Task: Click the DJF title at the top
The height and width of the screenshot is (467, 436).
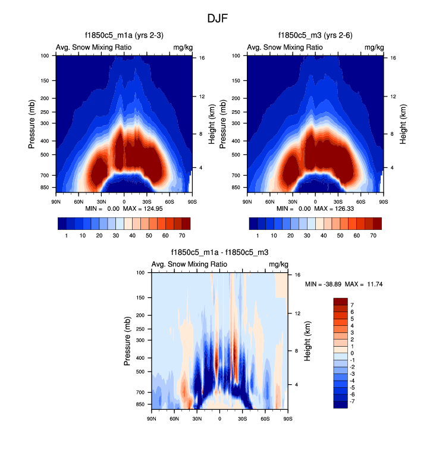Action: tap(218, 18)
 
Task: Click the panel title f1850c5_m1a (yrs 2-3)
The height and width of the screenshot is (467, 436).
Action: tap(124, 36)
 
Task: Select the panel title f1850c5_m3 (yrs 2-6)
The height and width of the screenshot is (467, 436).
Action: tap(315, 36)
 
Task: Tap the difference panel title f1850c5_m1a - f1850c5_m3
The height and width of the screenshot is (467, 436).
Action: tap(219, 253)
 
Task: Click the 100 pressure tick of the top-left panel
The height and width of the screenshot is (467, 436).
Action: tap(45, 56)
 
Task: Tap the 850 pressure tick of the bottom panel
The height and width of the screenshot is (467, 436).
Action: tap(140, 404)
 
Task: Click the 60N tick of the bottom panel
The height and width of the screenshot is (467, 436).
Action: tap(174, 419)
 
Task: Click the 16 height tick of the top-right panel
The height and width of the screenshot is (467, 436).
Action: tap(394, 58)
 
